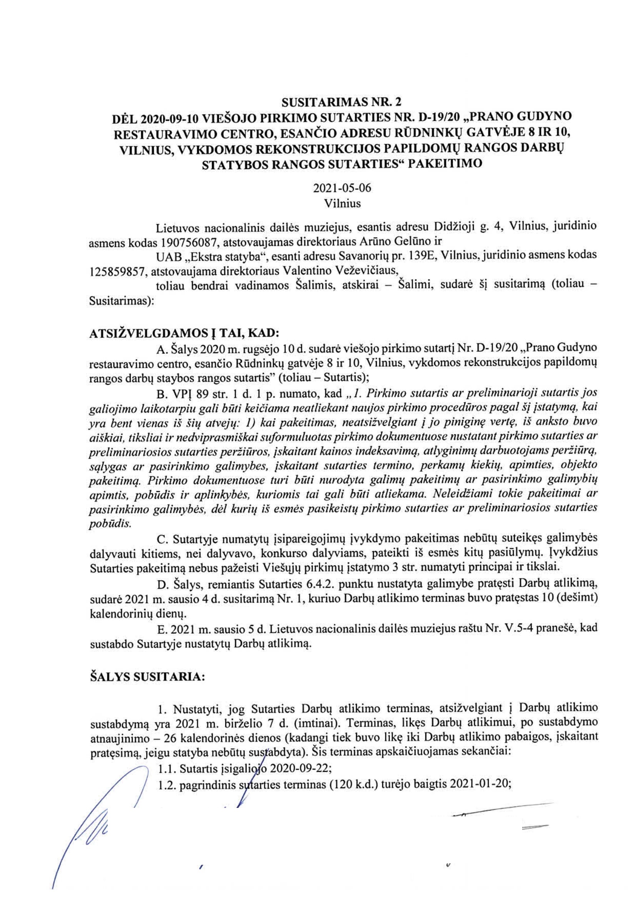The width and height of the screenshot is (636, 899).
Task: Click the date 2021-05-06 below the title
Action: click(x=342, y=188)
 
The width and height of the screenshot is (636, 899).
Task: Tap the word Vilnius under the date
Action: click(x=342, y=204)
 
